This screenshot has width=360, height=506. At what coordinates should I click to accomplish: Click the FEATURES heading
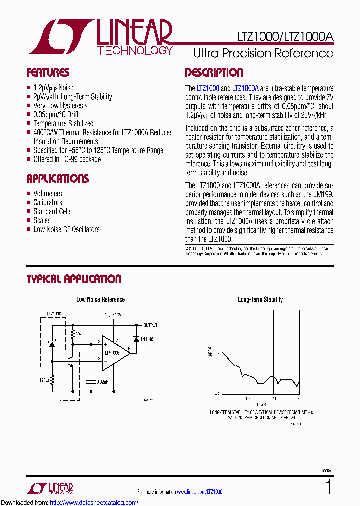click(48, 73)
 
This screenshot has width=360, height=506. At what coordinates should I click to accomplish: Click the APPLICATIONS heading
click(57, 179)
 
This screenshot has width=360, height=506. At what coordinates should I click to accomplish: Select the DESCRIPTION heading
click(214, 73)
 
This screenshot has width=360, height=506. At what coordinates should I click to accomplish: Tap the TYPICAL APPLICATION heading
click(74, 279)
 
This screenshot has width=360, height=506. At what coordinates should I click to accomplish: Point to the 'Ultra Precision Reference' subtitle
click(263, 53)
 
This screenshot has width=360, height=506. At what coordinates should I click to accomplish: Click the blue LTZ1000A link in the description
click(246, 88)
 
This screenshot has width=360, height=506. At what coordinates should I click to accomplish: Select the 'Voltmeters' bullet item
click(48, 193)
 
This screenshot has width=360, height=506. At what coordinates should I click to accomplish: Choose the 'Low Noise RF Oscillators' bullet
click(66, 229)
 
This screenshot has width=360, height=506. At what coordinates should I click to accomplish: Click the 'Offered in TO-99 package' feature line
click(67, 159)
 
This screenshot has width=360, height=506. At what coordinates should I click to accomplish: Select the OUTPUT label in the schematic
click(150, 324)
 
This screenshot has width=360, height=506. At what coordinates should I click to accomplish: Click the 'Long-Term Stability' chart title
click(260, 300)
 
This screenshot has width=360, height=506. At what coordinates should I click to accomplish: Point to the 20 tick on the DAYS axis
click(273, 398)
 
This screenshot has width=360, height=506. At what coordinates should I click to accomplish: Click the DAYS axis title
click(261, 404)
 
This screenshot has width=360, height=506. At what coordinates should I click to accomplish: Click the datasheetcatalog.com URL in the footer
click(94, 502)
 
